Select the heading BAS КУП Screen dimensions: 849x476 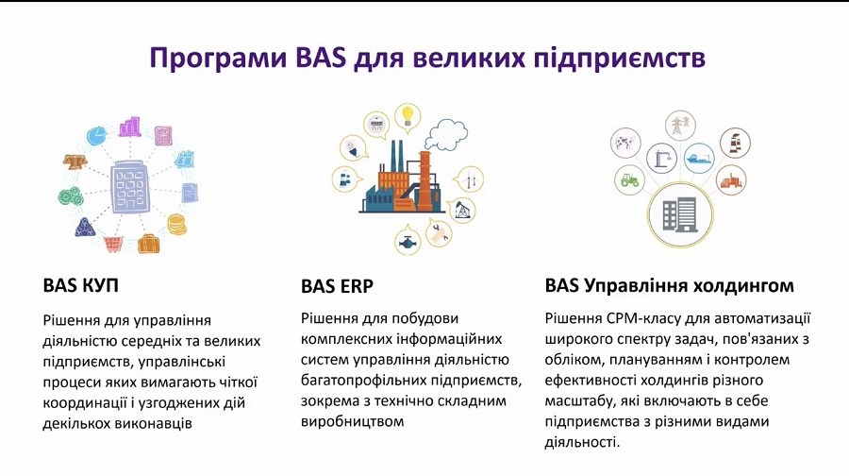(x=81, y=285)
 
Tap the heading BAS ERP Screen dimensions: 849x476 (x=337, y=286)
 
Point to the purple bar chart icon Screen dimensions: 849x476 (x=130, y=127)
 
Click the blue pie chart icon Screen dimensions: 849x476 (x=97, y=136)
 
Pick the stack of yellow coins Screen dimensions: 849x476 (x=176, y=224)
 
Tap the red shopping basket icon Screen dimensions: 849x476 (x=113, y=244)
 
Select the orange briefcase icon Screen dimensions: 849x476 (x=148, y=244)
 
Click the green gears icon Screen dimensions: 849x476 (x=70, y=196)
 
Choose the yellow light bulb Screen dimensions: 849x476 (x=408, y=116)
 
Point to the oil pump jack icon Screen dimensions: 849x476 (x=462, y=210)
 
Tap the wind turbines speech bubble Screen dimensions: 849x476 (x=469, y=178)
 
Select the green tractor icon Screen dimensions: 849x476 (x=630, y=179)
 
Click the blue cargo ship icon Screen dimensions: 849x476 (x=699, y=159)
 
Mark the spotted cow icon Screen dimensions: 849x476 (x=626, y=144)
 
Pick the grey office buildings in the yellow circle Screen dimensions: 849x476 (x=680, y=214)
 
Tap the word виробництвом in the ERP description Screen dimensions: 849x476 (x=353, y=421)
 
